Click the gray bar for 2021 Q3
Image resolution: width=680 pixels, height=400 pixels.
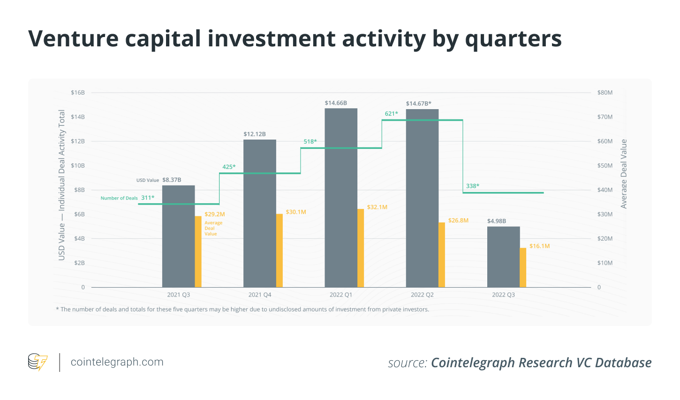pyautogui.click(x=178, y=236)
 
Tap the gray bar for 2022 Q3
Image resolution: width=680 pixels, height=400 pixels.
pyautogui.click(x=503, y=257)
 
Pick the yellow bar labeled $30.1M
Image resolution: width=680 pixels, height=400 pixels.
pyautogui.click(x=280, y=251)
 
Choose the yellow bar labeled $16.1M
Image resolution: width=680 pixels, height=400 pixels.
pyautogui.click(x=523, y=267)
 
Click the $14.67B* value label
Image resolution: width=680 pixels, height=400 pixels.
pyautogui.click(x=418, y=104)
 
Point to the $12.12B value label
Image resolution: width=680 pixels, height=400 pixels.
pyautogui.click(x=255, y=134)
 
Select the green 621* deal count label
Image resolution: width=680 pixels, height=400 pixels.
pyautogui.click(x=391, y=113)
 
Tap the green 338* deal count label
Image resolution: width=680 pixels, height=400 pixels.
pyautogui.click(x=472, y=186)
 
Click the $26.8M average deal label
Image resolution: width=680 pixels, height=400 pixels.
pyautogui.click(x=458, y=220)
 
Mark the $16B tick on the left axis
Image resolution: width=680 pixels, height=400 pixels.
pyautogui.click(x=78, y=93)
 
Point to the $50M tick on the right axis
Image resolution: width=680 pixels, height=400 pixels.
pyautogui.click(x=604, y=165)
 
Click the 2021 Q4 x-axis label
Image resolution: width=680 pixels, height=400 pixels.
pyautogui.click(x=260, y=295)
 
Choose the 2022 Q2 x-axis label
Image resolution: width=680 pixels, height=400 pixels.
pyautogui.click(x=422, y=295)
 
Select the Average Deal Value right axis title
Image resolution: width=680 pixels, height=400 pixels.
pyautogui.click(x=624, y=174)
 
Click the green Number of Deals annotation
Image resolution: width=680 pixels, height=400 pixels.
pyautogui.click(x=119, y=198)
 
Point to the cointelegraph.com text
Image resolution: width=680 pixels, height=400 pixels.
pyautogui.click(x=117, y=362)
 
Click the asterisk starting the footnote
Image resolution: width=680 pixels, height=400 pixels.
pyautogui.click(x=57, y=309)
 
